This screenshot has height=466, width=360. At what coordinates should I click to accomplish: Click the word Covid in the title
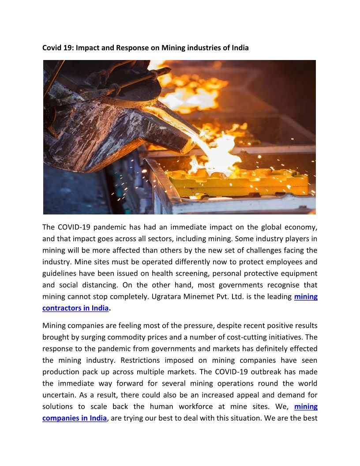(52, 48)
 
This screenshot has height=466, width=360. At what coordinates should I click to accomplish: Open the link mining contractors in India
(75, 308)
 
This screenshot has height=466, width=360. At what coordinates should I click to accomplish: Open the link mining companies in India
(74, 418)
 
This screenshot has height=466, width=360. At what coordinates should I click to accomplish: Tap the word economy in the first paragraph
(298, 228)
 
